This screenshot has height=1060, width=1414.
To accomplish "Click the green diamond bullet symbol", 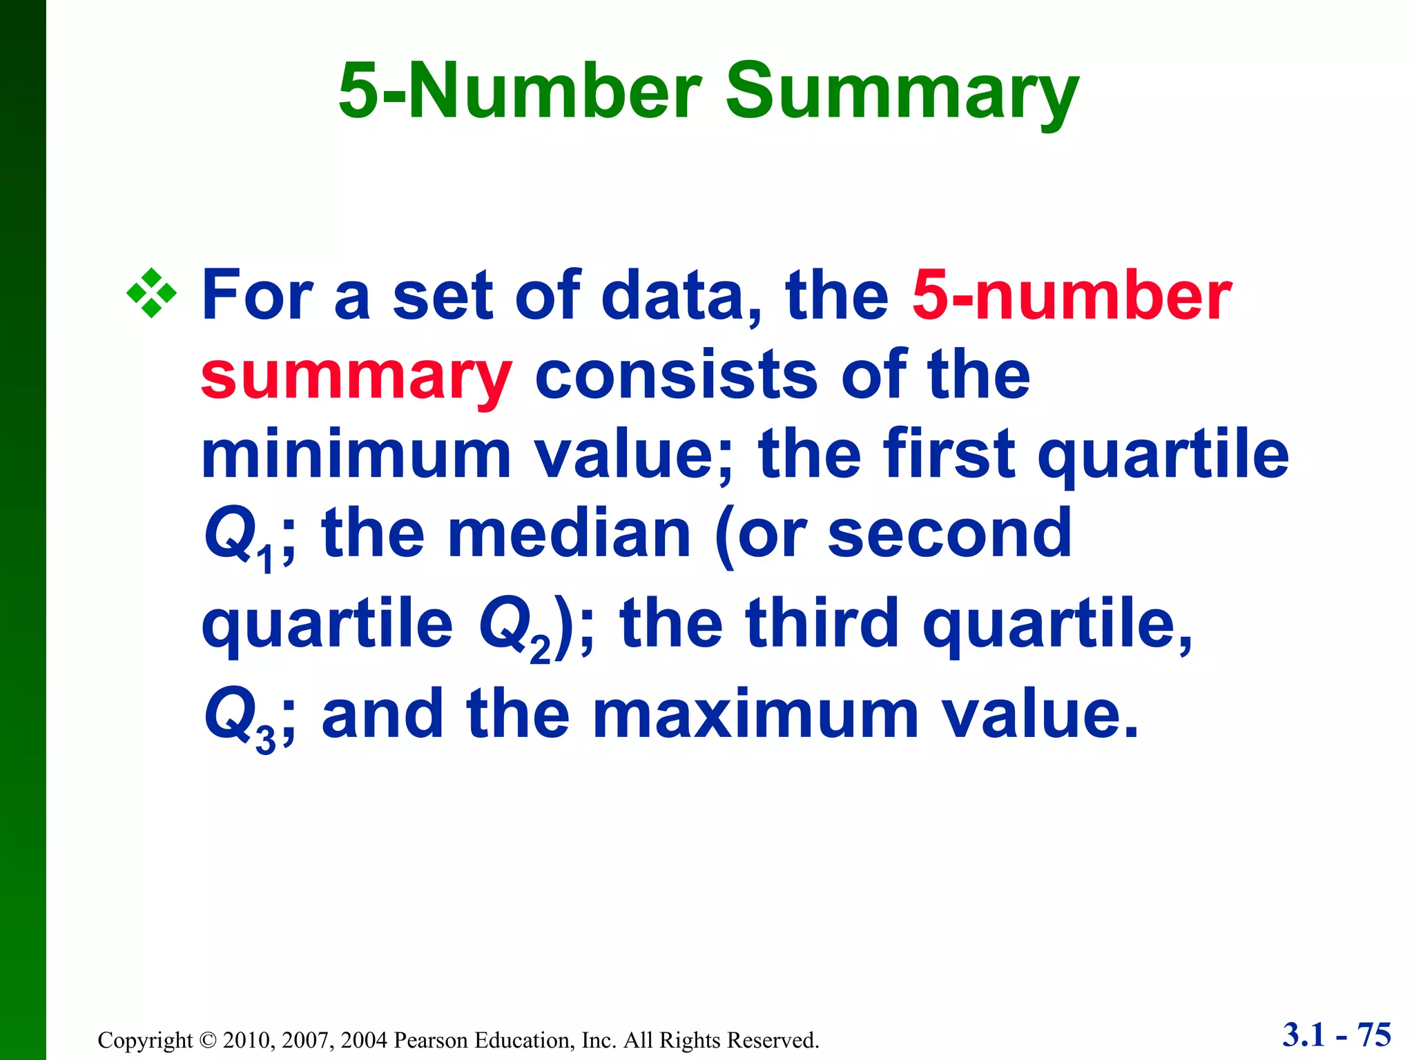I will [151, 294].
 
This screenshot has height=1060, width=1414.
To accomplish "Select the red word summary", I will [356, 376].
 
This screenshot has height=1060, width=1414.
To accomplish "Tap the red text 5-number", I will [1072, 295].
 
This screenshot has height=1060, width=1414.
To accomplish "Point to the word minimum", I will [356, 454].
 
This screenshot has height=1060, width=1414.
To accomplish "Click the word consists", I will [677, 376].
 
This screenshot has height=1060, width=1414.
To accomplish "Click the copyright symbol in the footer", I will [208, 1040].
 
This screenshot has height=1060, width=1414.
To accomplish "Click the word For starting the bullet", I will [257, 295].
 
